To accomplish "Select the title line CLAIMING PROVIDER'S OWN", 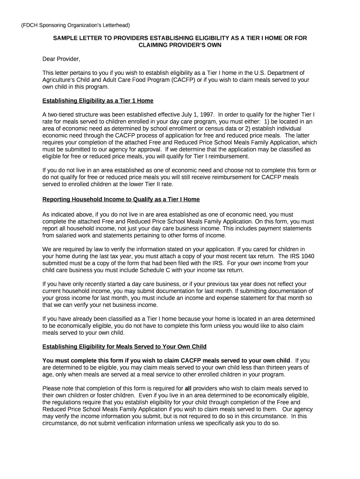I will [180, 45].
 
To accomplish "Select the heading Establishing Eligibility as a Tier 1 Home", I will [98, 101].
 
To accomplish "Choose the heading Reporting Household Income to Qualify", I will [121, 199].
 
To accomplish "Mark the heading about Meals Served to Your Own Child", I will [124, 347].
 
